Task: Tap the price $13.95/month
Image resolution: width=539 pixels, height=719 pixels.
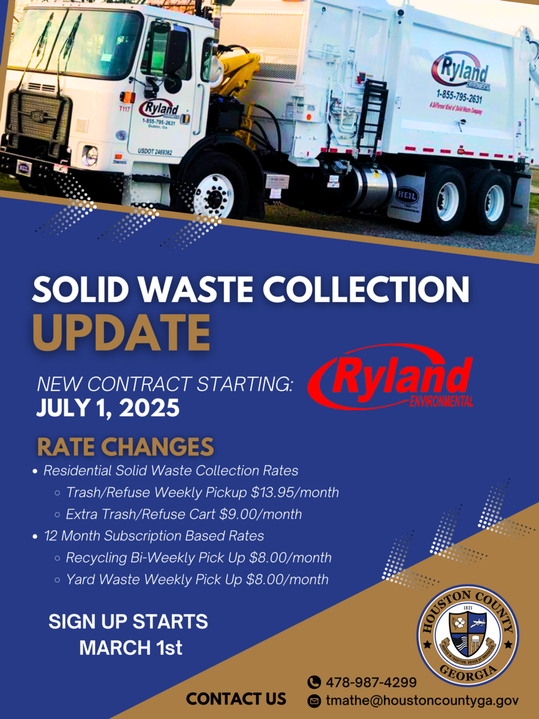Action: (295, 493)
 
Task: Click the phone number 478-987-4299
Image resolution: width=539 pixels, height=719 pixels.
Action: (371, 682)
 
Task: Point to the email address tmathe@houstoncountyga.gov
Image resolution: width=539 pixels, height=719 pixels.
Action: (422, 700)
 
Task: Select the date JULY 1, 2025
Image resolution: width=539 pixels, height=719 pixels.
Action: (108, 408)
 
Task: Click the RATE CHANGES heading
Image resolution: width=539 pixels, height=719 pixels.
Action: (125, 446)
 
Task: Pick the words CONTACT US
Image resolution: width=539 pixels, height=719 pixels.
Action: (236, 699)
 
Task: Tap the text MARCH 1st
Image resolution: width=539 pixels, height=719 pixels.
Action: (131, 648)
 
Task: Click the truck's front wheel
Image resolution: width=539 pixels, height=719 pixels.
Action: (214, 194)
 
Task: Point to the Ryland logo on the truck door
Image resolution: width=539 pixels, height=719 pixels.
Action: (159, 111)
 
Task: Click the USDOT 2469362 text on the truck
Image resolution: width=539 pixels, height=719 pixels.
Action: (155, 152)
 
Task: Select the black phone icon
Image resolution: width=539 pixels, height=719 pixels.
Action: (314, 682)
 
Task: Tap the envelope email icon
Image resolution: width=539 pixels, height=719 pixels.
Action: (314, 700)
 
